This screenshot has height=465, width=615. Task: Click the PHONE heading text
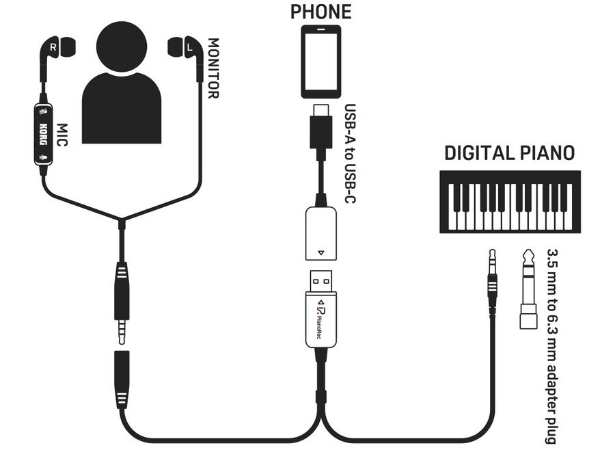coord(320,12)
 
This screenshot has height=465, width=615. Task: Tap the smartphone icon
coord(320,62)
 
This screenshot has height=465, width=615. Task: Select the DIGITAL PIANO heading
coord(509,152)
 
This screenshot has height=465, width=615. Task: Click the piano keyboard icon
coord(509,202)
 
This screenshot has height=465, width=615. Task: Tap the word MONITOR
coord(213,68)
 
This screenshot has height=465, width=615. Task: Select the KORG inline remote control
coord(43,135)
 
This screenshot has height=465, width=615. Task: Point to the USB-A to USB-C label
coord(349,154)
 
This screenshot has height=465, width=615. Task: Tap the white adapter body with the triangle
coord(320,232)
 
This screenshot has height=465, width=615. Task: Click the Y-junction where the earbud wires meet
coord(121,222)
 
